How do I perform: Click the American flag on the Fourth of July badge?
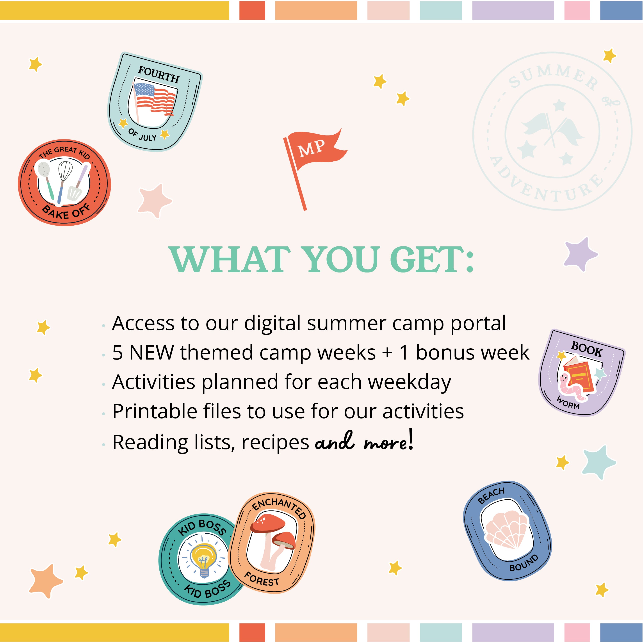(x=154, y=99)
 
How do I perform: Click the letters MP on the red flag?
(x=312, y=148)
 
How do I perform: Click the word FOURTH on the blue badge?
(x=159, y=74)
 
